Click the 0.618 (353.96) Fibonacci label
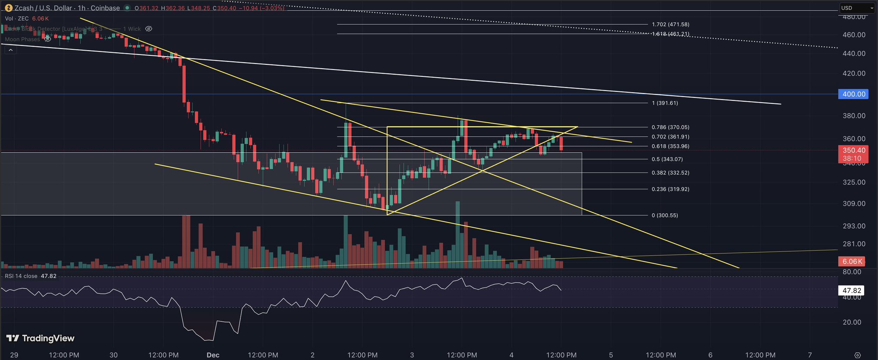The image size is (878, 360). coord(670,146)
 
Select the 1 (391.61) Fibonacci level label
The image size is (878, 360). coord(665,103)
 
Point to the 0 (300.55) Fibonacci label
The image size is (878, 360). coord(665,215)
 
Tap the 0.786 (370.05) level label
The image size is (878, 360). coord(670,127)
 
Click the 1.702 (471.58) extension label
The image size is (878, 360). coord(670,25)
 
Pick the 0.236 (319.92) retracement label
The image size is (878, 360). coord(670,189)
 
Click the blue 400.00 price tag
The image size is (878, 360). coord(854,94)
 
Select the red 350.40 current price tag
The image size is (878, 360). coord(854,150)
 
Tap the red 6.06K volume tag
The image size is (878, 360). coord(852,261)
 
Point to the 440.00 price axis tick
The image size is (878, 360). coord(854,54)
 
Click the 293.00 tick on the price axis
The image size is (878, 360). coord(854,226)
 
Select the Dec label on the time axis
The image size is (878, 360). coord(213,355)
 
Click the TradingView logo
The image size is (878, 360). coord(41,339)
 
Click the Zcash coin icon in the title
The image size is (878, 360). coord(9,8)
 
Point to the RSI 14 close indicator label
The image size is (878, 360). coord(21,276)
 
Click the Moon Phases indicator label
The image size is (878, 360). coord(22,39)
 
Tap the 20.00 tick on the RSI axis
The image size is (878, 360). coord(852,322)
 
